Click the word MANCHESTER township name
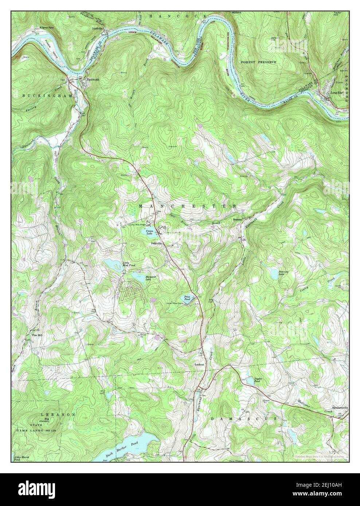pos(188,206)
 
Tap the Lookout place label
pos(200,364)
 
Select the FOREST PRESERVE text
pos(258,62)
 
